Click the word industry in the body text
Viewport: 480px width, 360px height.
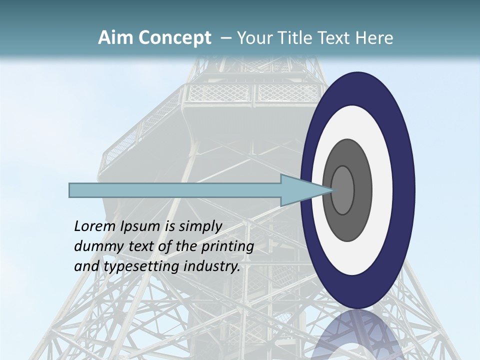212,266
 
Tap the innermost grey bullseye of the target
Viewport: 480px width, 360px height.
342,190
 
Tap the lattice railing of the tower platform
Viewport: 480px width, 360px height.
220,92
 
